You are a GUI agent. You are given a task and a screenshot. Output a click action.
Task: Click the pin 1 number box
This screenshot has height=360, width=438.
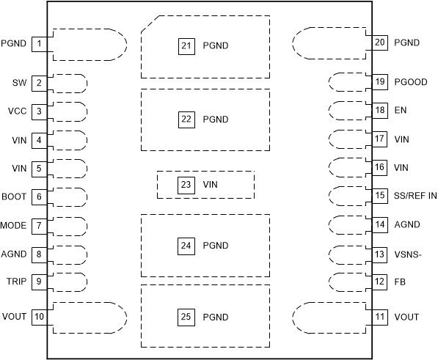(x=40, y=44)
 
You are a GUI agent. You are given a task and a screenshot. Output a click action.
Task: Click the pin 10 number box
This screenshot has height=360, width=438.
(x=40, y=317)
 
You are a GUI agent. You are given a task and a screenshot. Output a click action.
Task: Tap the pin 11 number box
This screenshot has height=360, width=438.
(x=379, y=317)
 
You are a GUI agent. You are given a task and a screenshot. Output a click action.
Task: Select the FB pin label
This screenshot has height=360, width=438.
(x=401, y=282)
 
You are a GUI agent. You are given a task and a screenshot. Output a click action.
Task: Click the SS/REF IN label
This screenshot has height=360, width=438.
(x=415, y=196)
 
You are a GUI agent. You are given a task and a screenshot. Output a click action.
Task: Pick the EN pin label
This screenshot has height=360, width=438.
(x=401, y=110)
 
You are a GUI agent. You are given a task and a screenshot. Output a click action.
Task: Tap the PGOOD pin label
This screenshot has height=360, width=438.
(x=410, y=82)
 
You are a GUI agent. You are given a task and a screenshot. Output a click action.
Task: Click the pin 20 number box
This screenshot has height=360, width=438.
(x=379, y=43)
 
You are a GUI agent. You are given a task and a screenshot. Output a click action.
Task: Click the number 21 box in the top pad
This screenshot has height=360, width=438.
(x=186, y=45)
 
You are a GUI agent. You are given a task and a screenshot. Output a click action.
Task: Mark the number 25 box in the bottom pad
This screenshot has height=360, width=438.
(x=186, y=317)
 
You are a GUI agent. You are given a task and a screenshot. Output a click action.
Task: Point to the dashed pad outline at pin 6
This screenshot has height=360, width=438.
(x=70, y=197)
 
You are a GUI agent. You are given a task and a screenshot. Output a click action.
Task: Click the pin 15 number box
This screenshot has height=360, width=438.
(x=379, y=196)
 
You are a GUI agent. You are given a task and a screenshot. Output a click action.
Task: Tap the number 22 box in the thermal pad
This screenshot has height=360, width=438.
(x=186, y=119)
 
